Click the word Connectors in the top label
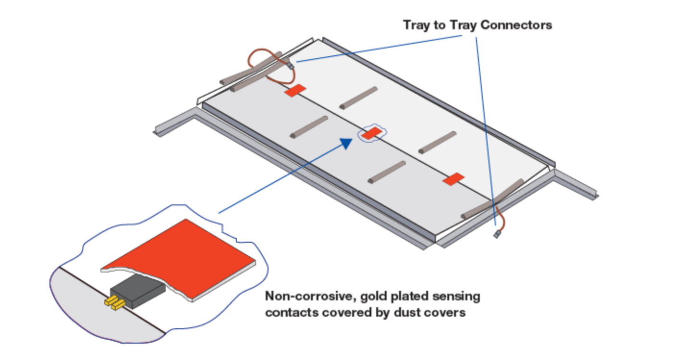click(516, 25)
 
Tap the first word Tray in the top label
click(417, 25)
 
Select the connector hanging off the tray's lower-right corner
click(497, 234)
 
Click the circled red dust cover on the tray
click(371, 134)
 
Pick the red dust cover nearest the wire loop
click(295, 90)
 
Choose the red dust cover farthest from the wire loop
click(453, 179)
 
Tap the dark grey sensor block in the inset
click(137, 291)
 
